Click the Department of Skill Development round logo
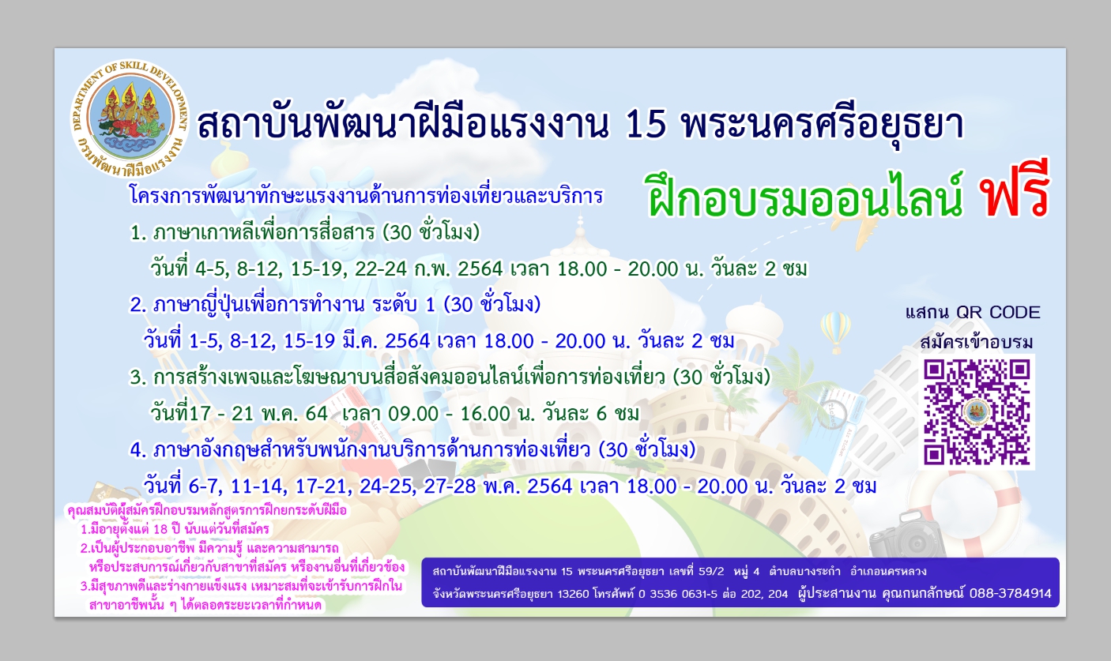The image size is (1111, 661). coord(130,118)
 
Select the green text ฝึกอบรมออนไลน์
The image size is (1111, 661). coord(805,196)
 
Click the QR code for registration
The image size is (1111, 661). coord(976,412)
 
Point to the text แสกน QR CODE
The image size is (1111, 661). coord(973,313)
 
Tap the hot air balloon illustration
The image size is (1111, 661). coord(836,331)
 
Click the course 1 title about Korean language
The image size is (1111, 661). coord(305,232)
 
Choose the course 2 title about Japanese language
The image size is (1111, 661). coord(335,305)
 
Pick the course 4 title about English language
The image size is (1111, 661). coord(412,450)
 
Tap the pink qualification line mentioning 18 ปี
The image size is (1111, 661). coord(175,529)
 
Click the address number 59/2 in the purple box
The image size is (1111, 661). coord(711,571)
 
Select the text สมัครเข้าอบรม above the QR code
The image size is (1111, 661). coord(977,343)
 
